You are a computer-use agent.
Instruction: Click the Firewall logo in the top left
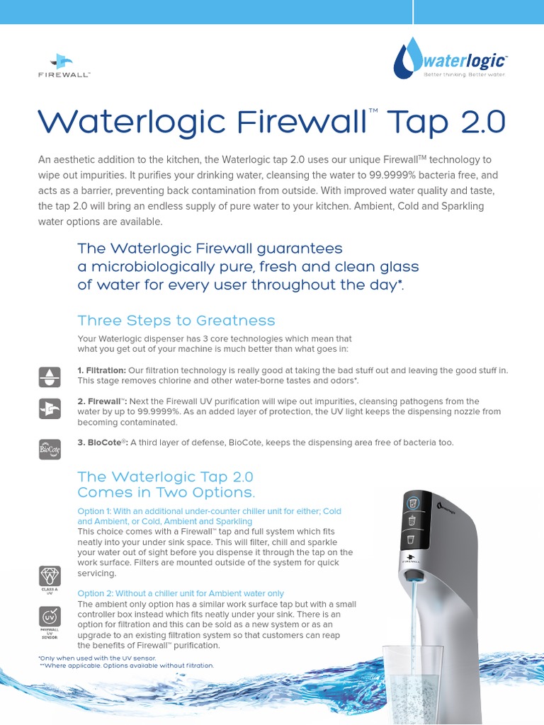[64, 64]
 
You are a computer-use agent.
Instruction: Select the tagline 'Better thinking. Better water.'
[464, 74]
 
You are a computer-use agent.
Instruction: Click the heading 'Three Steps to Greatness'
[176, 320]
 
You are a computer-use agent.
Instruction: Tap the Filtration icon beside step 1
[49, 377]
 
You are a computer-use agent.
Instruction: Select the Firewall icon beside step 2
[49, 408]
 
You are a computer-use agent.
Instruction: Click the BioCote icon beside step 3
[49, 449]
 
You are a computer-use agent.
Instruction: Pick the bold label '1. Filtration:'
[102, 370]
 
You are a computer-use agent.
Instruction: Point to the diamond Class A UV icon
[49, 576]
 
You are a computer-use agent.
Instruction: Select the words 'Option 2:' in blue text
[96, 593]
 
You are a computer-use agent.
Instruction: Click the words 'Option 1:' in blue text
[96, 511]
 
